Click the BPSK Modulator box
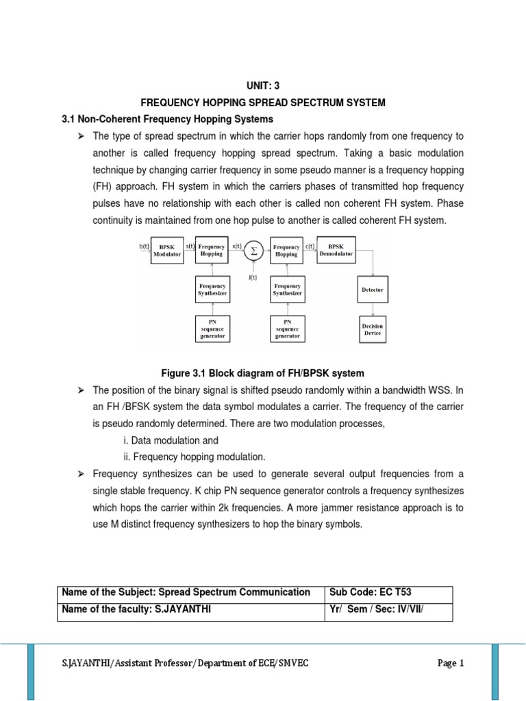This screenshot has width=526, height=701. pos(167,251)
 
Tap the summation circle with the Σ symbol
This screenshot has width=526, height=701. pos(253,251)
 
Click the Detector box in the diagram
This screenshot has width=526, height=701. pos(372,290)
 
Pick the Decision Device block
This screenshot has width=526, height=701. pos(372,329)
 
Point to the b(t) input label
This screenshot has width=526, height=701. pos(144,245)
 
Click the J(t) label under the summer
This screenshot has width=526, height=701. pos(253,277)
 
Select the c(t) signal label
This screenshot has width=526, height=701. pos(310,245)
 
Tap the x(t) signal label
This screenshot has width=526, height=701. pos(236,245)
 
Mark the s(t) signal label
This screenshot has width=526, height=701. pos(190,245)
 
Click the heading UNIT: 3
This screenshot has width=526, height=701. pos(263,86)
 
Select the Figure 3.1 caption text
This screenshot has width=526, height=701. pos(262,373)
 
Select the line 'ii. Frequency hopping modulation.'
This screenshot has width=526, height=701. pos(189,457)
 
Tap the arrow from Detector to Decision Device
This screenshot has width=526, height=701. pos(372,308)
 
